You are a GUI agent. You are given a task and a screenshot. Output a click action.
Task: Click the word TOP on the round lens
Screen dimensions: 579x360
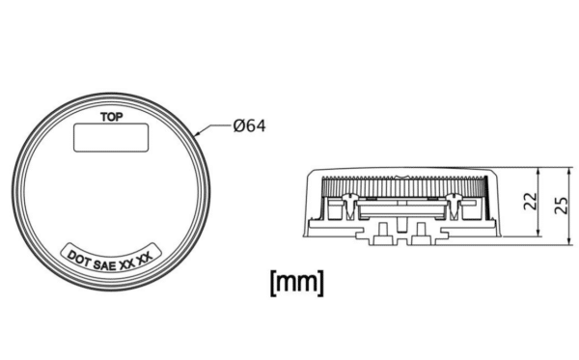(x=112, y=117)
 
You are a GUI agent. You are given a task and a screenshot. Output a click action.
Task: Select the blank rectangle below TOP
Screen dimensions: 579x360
(x=111, y=138)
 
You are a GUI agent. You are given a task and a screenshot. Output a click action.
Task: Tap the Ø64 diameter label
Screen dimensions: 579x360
(x=249, y=125)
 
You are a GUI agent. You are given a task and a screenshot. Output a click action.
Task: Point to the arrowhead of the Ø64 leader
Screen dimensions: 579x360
(x=197, y=133)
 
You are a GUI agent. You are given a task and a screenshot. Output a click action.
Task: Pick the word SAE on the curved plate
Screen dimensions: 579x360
(x=105, y=265)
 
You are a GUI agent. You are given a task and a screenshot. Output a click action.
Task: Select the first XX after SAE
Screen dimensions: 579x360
(x=127, y=263)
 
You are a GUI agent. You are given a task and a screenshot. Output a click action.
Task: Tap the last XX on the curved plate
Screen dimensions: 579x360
(x=145, y=258)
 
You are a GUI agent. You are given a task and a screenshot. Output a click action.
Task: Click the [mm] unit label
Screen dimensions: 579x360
(x=297, y=283)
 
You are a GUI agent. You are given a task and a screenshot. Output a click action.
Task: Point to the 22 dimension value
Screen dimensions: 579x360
(x=531, y=201)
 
